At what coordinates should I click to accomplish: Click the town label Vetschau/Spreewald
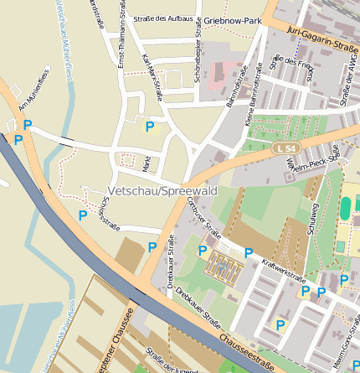coord(158,189)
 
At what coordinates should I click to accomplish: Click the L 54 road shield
coord(286,148)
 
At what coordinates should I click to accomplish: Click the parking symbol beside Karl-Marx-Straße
coord(150,127)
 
